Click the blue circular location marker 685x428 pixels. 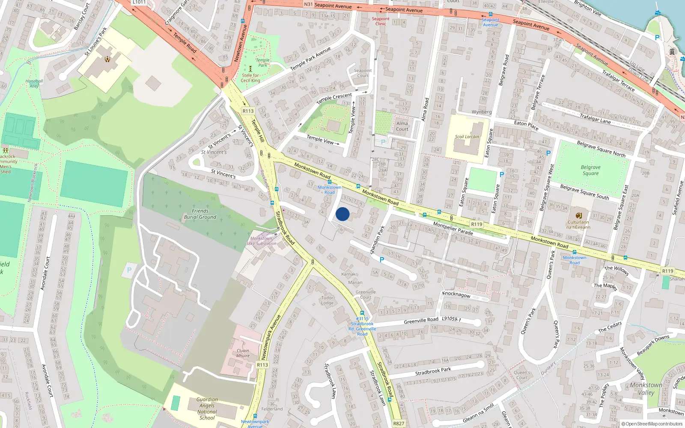(342, 214)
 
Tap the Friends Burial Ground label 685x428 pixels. (200, 214)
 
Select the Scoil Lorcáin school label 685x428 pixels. (467, 137)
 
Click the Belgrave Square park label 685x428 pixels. (590, 170)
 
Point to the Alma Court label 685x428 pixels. (402, 126)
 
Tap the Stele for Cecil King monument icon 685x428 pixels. (250, 68)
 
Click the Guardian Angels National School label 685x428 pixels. (207, 409)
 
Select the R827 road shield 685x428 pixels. (399, 423)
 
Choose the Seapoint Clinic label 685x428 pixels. (381, 21)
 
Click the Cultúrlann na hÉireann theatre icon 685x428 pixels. (579, 215)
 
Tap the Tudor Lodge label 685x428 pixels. (328, 300)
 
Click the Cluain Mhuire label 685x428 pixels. (243, 353)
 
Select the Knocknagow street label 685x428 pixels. (456, 294)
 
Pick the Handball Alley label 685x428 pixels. (34, 83)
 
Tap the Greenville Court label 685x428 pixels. (366, 294)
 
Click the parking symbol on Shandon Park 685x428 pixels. (382, 259)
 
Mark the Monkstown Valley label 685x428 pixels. (646, 389)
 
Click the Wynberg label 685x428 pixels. (482, 112)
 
